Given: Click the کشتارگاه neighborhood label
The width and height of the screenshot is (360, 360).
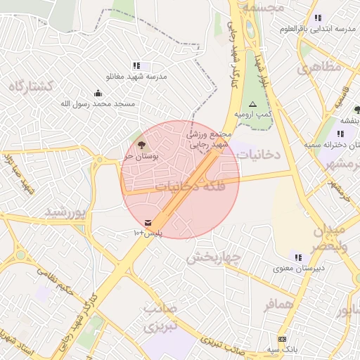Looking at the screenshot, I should click(32, 86).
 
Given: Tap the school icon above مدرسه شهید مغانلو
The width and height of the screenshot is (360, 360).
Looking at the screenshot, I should click(136, 65).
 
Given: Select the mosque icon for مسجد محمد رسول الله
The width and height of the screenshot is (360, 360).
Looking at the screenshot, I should click(98, 94).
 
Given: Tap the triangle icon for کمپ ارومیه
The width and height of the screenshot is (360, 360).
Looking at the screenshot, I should click(253, 103).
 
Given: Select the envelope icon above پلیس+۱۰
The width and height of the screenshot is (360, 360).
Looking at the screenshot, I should click(148, 222).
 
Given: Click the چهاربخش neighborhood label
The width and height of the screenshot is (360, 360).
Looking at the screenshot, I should click(213, 257).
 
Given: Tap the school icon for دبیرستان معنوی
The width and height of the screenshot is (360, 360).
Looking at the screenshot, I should click(298, 257).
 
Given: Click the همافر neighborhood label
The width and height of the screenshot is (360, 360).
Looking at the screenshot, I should click(279, 306).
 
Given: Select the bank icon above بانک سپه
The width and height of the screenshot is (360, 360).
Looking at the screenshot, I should click(283, 339).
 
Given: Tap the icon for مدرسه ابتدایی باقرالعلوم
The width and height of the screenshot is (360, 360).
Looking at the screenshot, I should click(318, 18).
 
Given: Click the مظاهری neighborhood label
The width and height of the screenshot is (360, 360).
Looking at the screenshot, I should click(319, 67).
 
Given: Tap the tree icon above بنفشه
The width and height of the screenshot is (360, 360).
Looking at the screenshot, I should click(357, 110).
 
